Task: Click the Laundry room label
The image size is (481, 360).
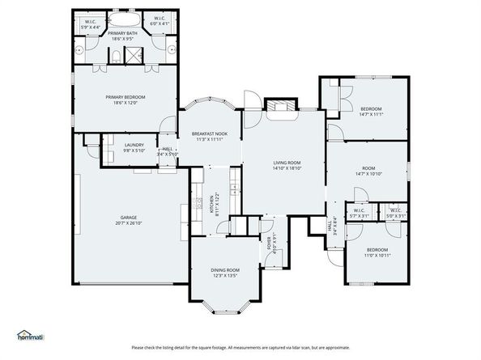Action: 134,146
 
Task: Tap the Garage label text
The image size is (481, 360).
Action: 128,217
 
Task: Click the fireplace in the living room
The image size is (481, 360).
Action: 280,107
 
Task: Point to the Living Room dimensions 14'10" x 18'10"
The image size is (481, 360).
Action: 287,168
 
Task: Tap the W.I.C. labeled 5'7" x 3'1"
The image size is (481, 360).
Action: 358,214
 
